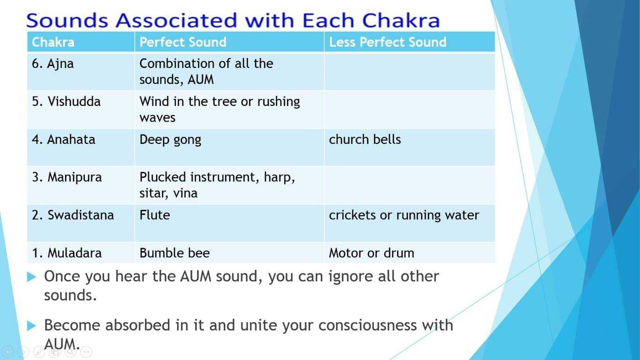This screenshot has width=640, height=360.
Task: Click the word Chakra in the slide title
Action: [401, 20]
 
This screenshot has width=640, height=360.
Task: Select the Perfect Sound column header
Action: [183, 42]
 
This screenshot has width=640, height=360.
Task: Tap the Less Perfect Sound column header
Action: [388, 42]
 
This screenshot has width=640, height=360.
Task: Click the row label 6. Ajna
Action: [53, 64]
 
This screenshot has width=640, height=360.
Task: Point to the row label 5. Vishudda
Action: [66, 101]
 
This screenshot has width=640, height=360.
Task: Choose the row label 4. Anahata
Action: [64, 140]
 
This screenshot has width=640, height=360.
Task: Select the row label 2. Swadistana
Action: [73, 215]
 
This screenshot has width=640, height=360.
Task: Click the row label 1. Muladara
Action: [67, 253]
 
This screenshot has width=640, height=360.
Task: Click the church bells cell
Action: [365, 140]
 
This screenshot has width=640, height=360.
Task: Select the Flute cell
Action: [155, 215]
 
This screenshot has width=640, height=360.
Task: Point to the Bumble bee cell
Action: [175, 253]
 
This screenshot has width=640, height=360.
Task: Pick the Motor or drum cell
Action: [371, 253]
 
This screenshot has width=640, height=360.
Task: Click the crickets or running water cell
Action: [404, 216]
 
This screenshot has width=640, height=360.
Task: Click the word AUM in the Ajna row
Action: [201, 79]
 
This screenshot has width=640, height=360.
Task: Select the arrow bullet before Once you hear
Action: [32, 277]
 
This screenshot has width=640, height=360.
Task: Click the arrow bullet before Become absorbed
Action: [32, 325]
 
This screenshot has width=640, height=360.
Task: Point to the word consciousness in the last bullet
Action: [368, 325]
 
